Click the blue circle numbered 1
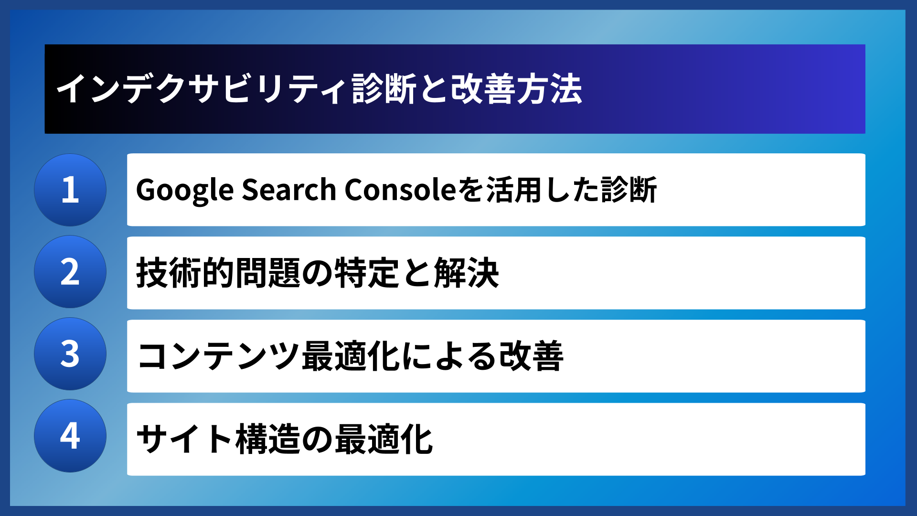[70, 190]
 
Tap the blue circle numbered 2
[70, 272]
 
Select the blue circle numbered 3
[70, 354]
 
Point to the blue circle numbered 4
[70, 436]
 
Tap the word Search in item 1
[289, 190]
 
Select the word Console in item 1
[401, 190]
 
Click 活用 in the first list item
[514, 190]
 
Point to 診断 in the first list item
[629, 190]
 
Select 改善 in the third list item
[531, 356]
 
